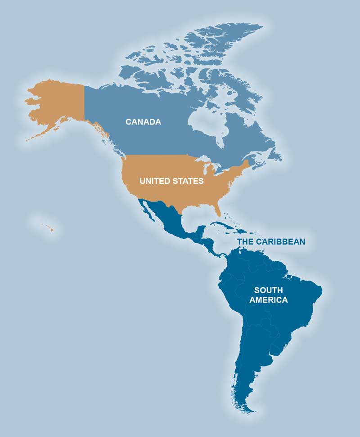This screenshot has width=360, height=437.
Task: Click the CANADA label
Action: [143, 122]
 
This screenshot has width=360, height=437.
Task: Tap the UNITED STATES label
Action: [171, 181]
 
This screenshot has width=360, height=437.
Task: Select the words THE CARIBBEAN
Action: [271, 242]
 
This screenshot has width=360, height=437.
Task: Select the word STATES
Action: [188, 181]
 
